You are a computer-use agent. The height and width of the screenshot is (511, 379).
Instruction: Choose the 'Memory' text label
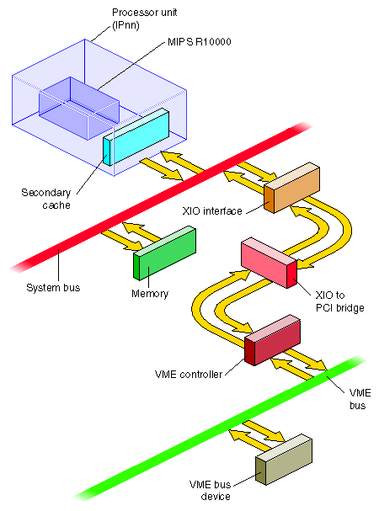pos(150,294)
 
